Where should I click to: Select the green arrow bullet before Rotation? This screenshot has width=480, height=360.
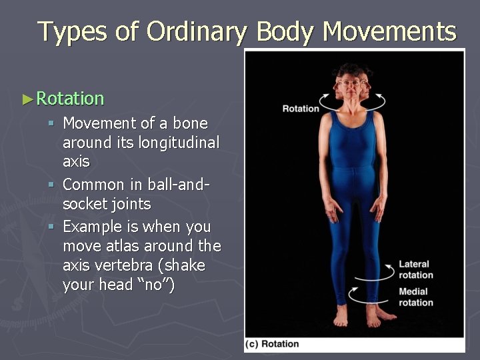point(27,99)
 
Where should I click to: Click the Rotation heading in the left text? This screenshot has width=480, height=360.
point(70,99)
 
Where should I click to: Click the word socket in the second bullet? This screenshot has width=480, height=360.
point(83,204)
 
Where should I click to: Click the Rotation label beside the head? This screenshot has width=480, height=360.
point(301,109)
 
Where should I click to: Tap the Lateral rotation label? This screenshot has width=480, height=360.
point(415,269)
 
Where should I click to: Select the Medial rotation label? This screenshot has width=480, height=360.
point(415,297)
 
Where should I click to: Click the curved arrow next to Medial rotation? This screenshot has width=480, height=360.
point(373,297)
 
